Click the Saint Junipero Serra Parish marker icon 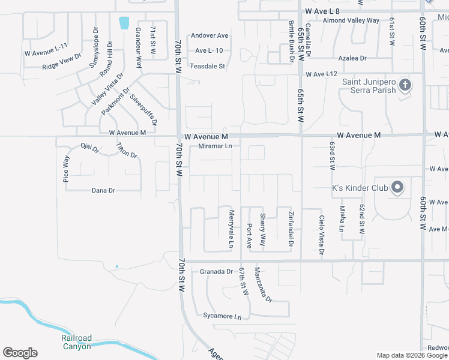[x=405, y=85]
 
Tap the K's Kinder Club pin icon [x=397, y=188]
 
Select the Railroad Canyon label [x=76, y=342]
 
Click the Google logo [x=20, y=353]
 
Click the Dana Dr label [x=103, y=190]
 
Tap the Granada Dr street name [x=216, y=271]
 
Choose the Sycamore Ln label [x=217, y=316]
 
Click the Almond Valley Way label [x=351, y=20]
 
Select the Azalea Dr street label [x=352, y=58]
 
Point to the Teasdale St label [x=207, y=66]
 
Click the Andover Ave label [x=209, y=35]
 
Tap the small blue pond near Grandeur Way [x=124, y=23]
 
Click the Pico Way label [x=66, y=169]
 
